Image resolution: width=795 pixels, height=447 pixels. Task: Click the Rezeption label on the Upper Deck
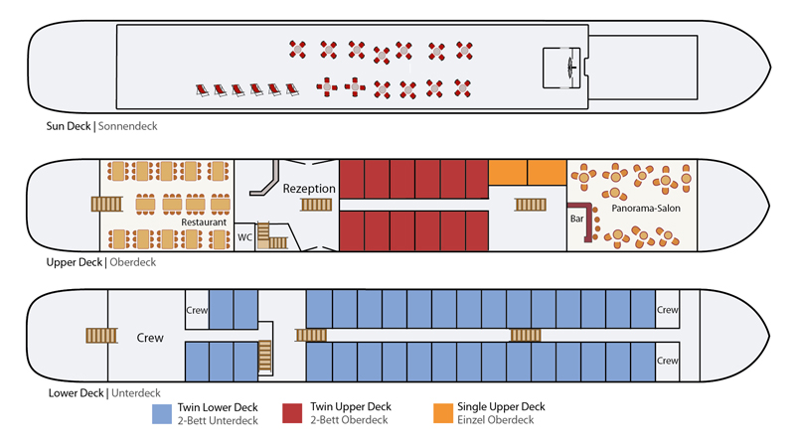pos(309,189)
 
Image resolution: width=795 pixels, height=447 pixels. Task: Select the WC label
pos(245,237)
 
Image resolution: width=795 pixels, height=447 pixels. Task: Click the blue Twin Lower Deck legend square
pos(162,413)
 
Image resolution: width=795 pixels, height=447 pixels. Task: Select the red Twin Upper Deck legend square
pos(293,413)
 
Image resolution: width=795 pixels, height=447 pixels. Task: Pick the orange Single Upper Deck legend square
pos(443,413)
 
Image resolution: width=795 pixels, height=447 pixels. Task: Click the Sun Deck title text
pos(69,126)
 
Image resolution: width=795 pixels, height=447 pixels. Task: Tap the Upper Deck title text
pos(76,263)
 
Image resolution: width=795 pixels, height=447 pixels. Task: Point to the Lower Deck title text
pos(76,393)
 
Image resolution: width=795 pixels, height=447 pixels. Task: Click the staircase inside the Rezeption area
pos(317,205)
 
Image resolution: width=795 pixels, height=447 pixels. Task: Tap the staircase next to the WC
pos(264,234)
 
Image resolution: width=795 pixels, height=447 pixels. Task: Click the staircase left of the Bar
pos(529,205)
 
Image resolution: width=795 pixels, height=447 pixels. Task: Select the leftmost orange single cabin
pos(507,172)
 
